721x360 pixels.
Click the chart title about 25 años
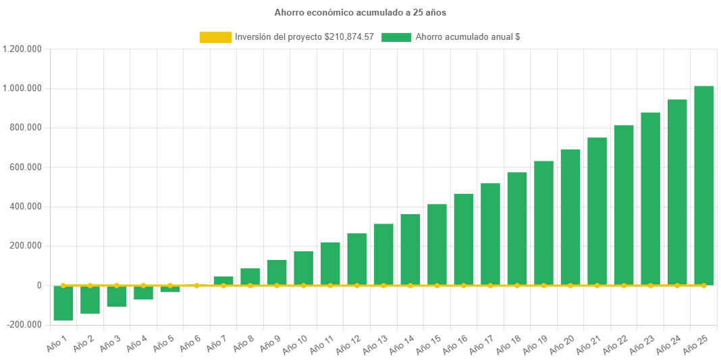coord(360,12)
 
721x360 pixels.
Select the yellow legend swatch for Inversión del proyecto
coord(215,38)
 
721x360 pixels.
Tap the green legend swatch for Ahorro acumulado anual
coord(396,38)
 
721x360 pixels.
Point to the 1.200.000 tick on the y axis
coord(22,49)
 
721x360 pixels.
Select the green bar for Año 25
coord(703,185)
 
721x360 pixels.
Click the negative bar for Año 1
coord(63,303)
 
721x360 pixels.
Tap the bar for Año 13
coord(383,254)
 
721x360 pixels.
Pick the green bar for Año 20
coord(570,217)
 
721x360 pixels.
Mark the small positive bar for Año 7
coord(223,280)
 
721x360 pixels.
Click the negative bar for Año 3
coord(117,296)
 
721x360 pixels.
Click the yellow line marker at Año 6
coord(196,286)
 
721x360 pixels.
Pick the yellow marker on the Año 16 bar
coord(464,286)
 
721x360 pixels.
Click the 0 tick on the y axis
coord(40,285)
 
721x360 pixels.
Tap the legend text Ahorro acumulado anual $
coord(467,38)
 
